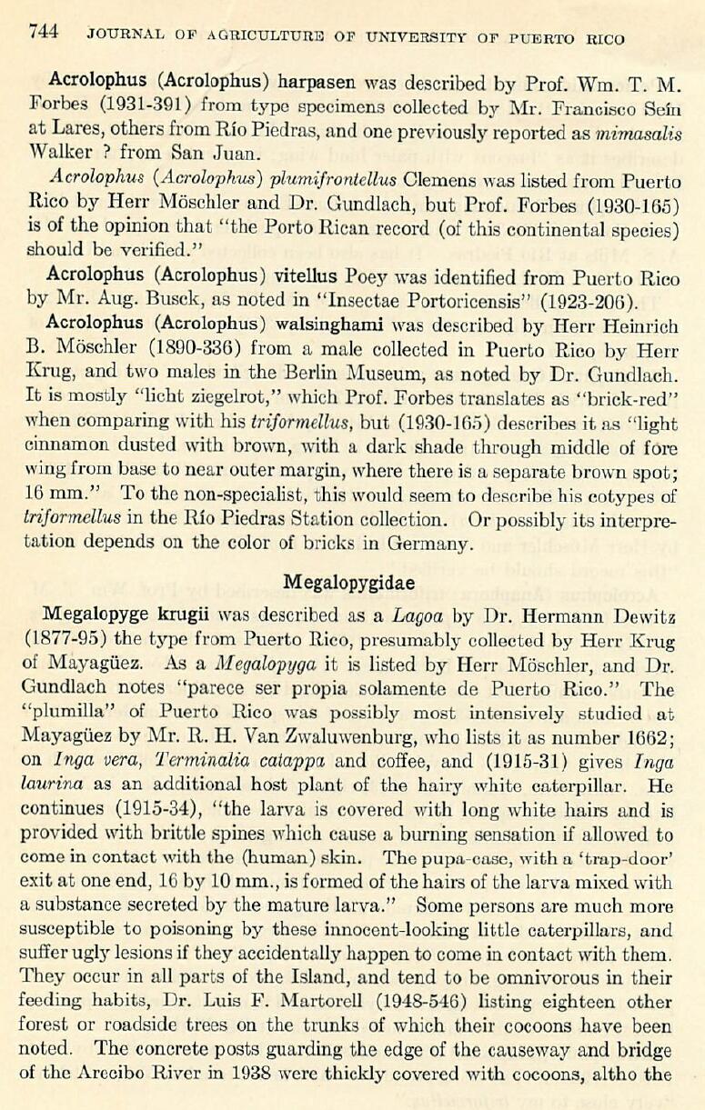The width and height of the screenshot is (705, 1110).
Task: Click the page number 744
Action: (x=44, y=34)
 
